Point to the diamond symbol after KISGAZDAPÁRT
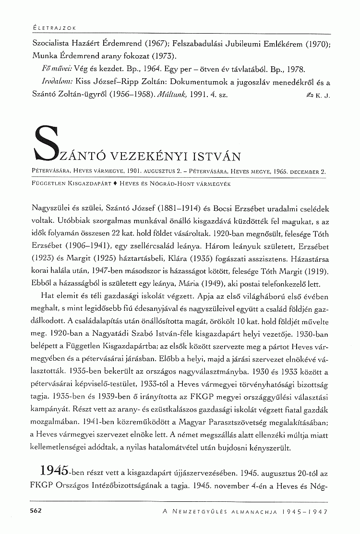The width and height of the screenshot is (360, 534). tap(115, 184)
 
